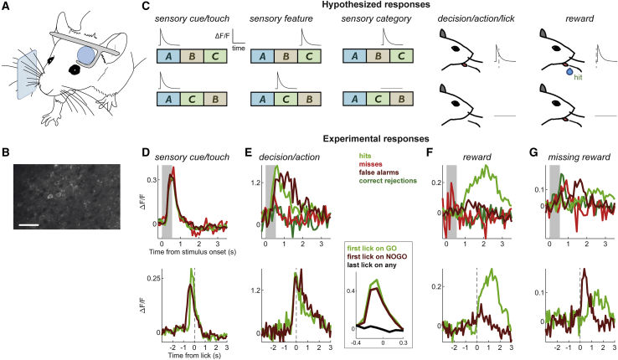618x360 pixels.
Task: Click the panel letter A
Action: [7, 6]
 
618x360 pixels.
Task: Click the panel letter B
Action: [7, 152]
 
